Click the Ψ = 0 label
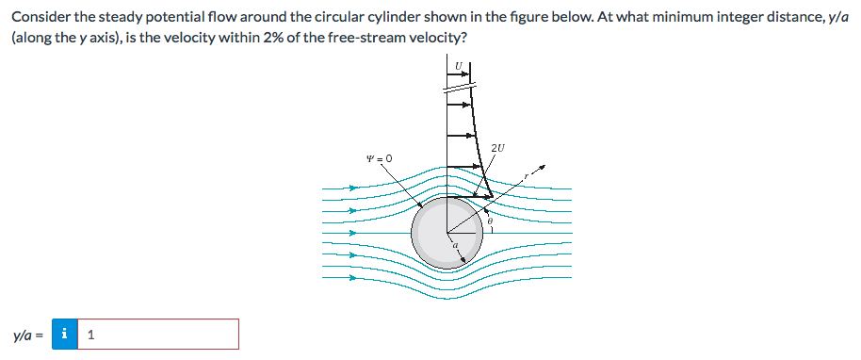point(379,157)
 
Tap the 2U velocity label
point(498,147)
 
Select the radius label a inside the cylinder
point(455,247)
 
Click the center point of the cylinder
point(447,232)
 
